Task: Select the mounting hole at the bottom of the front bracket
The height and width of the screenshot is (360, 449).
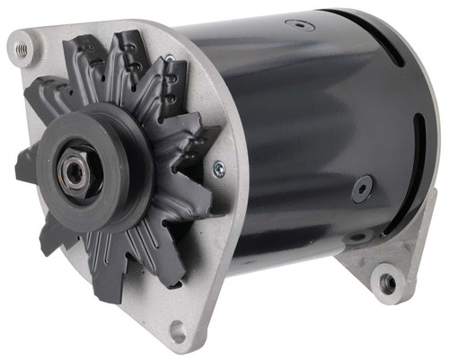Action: pyautogui.click(x=178, y=331)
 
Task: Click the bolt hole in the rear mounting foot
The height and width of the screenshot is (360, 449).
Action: pyautogui.click(x=388, y=284)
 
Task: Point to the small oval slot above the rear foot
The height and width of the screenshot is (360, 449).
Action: pyautogui.click(x=357, y=238)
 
